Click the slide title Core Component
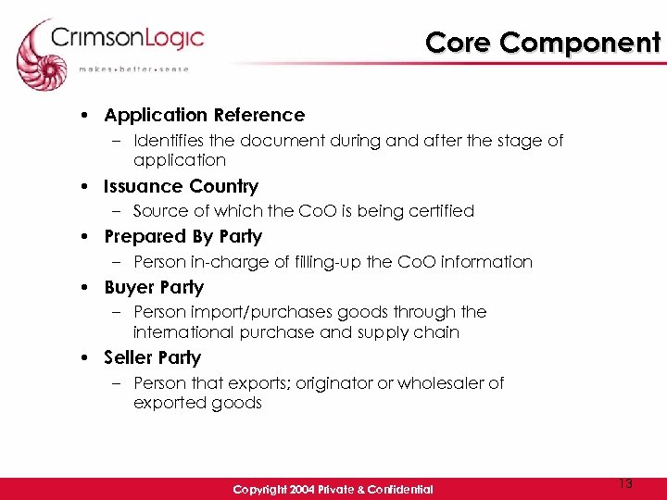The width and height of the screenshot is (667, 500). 543,43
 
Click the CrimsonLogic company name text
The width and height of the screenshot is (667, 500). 128,40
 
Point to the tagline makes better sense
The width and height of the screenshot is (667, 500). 133,69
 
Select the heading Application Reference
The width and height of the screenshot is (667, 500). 204,116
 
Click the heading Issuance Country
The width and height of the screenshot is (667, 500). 181,186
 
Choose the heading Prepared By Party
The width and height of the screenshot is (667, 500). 182,237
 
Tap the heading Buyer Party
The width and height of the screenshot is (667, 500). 153,288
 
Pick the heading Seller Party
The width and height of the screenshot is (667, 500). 152,357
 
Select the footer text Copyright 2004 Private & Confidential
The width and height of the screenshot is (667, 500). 333,489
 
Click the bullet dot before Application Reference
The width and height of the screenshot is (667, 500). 84,116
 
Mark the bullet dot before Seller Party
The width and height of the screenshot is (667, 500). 84,358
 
